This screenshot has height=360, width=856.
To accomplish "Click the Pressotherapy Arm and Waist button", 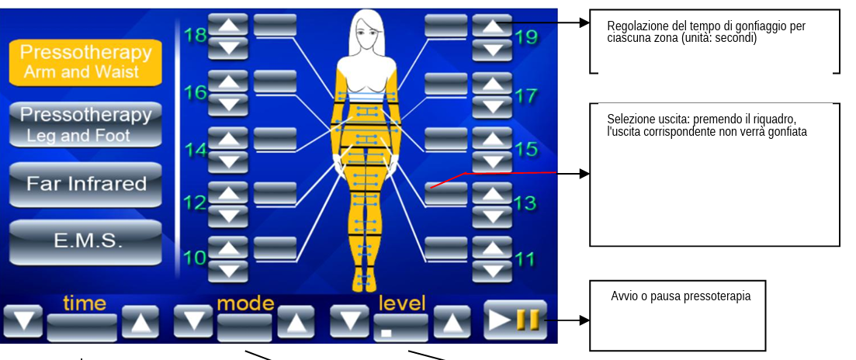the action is click(x=85, y=62).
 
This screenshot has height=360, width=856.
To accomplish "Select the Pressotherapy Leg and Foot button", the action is click(x=85, y=124).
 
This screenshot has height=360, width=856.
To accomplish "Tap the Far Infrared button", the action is click(x=85, y=185).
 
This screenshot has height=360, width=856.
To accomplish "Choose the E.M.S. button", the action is click(x=85, y=242).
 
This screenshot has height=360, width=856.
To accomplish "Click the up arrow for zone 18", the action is click(x=228, y=25).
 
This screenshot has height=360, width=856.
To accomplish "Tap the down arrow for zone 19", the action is click(x=492, y=50).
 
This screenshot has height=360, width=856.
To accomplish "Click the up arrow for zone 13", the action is click(x=492, y=193).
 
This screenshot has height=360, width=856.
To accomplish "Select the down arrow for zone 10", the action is click(x=228, y=271).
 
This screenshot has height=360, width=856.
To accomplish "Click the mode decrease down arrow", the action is click(x=193, y=320).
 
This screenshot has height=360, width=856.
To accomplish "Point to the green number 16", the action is click(x=195, y=93).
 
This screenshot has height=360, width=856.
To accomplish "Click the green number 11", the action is click(x=525, y=258).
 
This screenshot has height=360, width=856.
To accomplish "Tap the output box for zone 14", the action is click(x=276, y=139).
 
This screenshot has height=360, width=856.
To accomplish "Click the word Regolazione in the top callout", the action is click(x=632, y=26).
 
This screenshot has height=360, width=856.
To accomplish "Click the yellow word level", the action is click(x=402, y=304).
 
